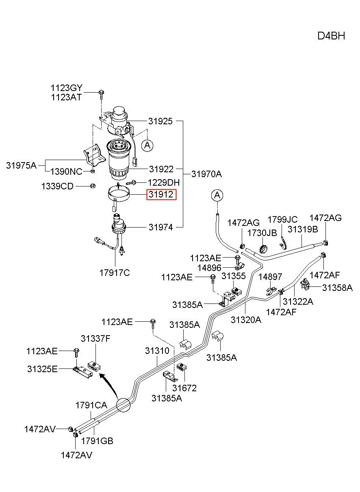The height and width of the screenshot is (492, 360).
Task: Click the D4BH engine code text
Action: pyautogui.click(x=331, y=36)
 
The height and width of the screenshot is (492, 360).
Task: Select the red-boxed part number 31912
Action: pyautogui.click(x=161, y=194)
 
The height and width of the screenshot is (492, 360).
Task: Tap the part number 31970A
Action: pyautogui.click(x=206, y=174)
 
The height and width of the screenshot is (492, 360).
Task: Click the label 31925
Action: pyautogui.click(x=160, y=121)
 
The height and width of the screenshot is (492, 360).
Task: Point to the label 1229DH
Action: pyautogui.click(x=164, y=182)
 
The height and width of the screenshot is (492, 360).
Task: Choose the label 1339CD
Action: pyautogui.click(x=57, y=186)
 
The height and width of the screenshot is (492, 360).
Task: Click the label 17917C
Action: pyautogui.click(x=115, y=273)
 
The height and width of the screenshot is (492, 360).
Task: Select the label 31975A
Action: pyautogui.click(x=21, y=165)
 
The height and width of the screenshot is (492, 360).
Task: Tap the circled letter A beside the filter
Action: pyautogui.click(x=147, y=145)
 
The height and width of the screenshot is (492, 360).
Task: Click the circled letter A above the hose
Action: pyautogui.click(x=217, y=195)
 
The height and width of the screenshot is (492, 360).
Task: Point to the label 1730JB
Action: pyautogui.click(x=262, y=233)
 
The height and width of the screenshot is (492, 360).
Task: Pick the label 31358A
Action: pyautogui.click(x=337, y=288)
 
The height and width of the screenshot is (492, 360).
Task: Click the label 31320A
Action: pyautogui.click(x=246, y=320)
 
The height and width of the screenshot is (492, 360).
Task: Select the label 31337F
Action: pyautogui.click(x=95, y=338)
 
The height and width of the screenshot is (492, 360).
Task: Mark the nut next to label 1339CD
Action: pyautogui.click(x=93, y=186)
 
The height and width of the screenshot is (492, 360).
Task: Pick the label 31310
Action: pyautogui.click(x=157, y=351)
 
